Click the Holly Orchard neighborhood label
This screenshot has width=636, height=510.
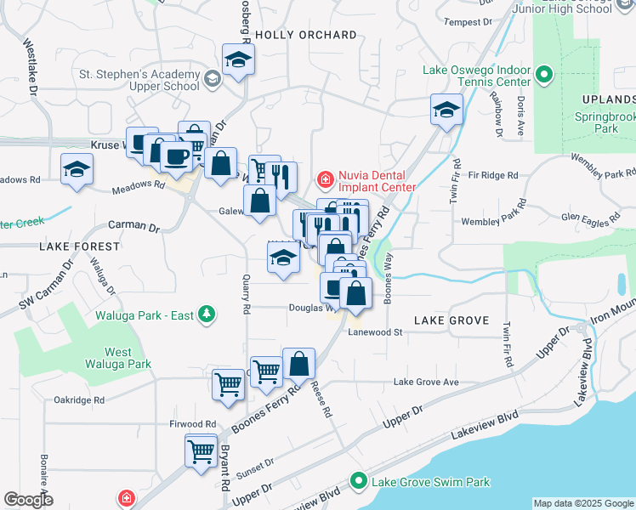point(305,35)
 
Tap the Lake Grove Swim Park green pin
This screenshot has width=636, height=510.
point(360,482)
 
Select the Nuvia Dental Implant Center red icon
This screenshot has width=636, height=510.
point(324,179)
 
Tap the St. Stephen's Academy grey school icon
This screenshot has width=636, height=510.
point(212,80)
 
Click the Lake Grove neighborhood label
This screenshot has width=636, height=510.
point(451,320)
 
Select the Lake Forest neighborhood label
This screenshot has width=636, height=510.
point(80,246)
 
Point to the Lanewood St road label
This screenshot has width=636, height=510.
point(374,333)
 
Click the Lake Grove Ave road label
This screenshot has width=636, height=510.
point(426,382)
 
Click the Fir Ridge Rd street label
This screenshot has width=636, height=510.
point(488,175)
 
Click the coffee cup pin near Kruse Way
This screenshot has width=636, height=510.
point(176,156)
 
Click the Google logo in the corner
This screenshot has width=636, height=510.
point(28,500)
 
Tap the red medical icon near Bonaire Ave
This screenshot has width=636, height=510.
point(125,497)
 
